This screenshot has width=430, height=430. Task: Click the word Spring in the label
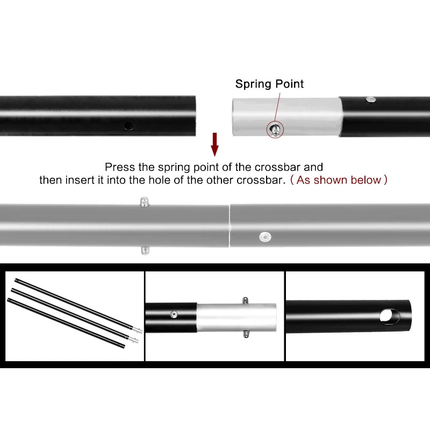pyautogui.click(x=253, y=84)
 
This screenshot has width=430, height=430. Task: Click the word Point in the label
pyautogui.click(x=289, y=84)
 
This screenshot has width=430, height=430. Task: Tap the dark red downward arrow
pyautogui.click(x=214, y=145)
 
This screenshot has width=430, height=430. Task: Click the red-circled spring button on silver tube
pyautogui.click(x=275, y=129)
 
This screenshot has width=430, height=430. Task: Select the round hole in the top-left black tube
pyautogui.click(x=128, y=126)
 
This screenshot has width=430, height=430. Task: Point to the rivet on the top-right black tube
pyautogui.click(x=371, y=99)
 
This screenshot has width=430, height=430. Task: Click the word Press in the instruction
pyautogui.click(x=120, y=167)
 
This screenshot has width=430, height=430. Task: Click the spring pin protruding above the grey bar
pyautogui.click(x=144, y=201)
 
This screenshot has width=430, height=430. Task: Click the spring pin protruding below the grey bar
pyautogui.click(x=145, y=250)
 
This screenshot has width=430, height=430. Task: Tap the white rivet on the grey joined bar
pyautogui.click(x=265, y=237)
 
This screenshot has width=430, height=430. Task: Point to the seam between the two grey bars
pyautogui.click(x=230, y=226)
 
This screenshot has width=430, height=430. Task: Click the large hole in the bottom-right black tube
pyautogui.click(x=389, y=316)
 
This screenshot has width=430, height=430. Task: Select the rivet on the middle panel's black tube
pyautogui.click(x=174, y=314)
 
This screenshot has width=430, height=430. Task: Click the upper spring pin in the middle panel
pyautogui.click(x=246, y=300)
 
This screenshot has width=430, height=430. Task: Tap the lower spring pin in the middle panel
pyautogui.click(x=246, y=334)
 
